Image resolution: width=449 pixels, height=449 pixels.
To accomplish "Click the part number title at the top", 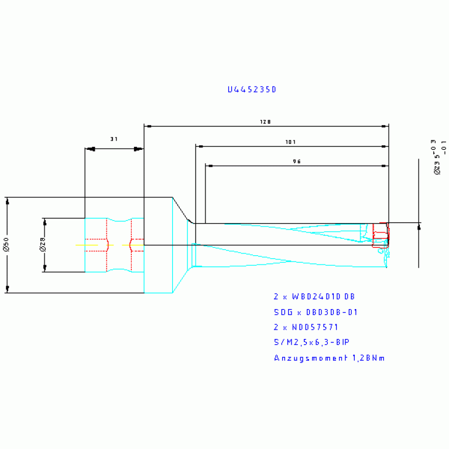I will (x=251, y=90).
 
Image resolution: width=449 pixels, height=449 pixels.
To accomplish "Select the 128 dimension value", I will (x=265, y=122).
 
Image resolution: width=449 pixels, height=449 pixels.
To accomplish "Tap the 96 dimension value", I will (x=296, y=162).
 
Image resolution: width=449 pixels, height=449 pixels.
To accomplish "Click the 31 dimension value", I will (x=114, y=139).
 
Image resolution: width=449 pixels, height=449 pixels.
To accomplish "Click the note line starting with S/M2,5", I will (x=311, y=342).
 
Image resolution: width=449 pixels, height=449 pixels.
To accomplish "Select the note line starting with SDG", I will (x=316, y=312).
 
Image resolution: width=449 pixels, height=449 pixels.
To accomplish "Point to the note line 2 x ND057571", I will (x=306, y=327).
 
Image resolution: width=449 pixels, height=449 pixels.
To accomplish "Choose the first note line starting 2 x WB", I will (x=314, y=297).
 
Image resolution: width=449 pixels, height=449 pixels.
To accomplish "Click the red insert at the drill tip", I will (x=381, y=235).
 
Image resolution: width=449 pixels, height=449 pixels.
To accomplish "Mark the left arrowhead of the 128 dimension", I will (x=148, y=126).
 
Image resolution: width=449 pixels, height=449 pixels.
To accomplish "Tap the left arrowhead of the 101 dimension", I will (x=199, y=146).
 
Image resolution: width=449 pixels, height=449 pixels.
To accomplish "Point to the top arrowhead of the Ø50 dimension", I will (x=8, y=201).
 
